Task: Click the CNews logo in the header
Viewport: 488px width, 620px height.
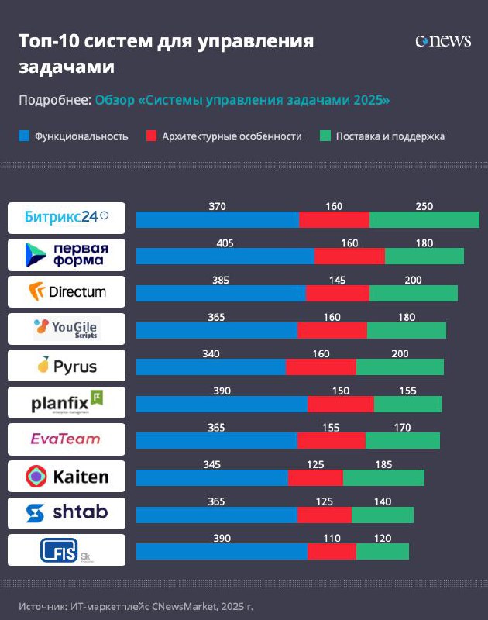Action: [443, 41]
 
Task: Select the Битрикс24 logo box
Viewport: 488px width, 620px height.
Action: [66, 218]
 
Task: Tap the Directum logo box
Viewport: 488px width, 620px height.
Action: [66, 291]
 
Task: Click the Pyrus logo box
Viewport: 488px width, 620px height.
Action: [66, 365]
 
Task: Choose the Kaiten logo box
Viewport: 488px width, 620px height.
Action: [66, 476]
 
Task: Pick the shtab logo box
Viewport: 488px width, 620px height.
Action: [66, 512]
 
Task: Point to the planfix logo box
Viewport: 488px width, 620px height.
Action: [66, 402]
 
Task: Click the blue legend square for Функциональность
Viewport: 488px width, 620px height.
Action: [24, 136]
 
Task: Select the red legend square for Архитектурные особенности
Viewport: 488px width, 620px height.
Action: [152, 136]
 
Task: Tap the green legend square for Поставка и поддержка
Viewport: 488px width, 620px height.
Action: [325, 136]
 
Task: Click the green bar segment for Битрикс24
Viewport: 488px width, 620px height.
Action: [424, 219]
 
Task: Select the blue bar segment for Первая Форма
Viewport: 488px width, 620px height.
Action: [225, 257]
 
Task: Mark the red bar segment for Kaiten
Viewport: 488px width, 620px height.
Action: [315, 477]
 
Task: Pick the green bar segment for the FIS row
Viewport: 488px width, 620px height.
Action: [382, 551]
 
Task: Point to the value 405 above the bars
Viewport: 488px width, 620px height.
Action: [225, 243]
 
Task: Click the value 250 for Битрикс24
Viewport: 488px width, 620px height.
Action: [424, 207]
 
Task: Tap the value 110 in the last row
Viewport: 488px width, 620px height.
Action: [332, 538]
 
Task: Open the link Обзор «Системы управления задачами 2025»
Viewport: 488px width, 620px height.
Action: [242, 101]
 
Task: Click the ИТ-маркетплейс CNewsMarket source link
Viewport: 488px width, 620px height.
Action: [142, 604]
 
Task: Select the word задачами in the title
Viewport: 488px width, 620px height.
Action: [67, 67]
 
